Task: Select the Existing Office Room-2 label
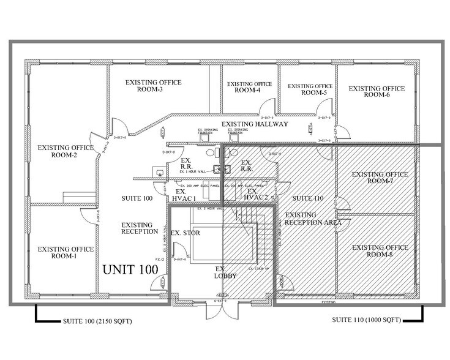[66, 151]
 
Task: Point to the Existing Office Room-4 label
[247, 87]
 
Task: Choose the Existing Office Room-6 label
[377, 92]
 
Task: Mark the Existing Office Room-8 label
[380, 250]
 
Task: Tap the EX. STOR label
[186, 233]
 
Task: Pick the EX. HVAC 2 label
[257, 194]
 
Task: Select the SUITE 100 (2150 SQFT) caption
[97, 321]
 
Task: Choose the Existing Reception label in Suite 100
[140, 228]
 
